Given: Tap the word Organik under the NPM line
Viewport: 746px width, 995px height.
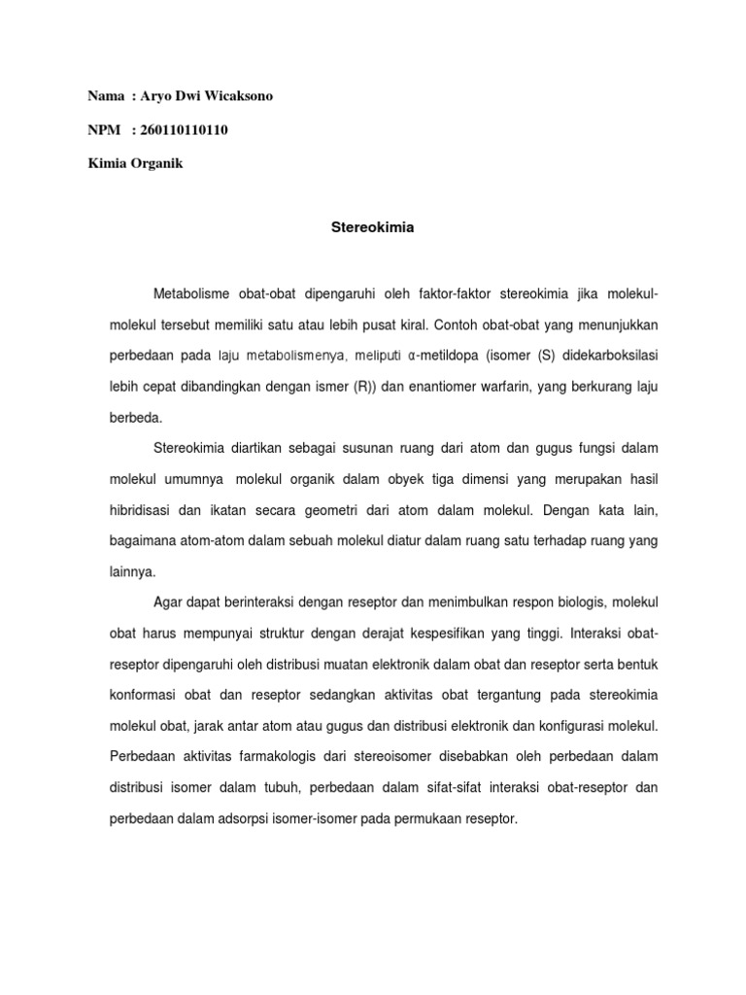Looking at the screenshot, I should (153, 164).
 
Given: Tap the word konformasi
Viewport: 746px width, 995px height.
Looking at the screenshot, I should (140, 697).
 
